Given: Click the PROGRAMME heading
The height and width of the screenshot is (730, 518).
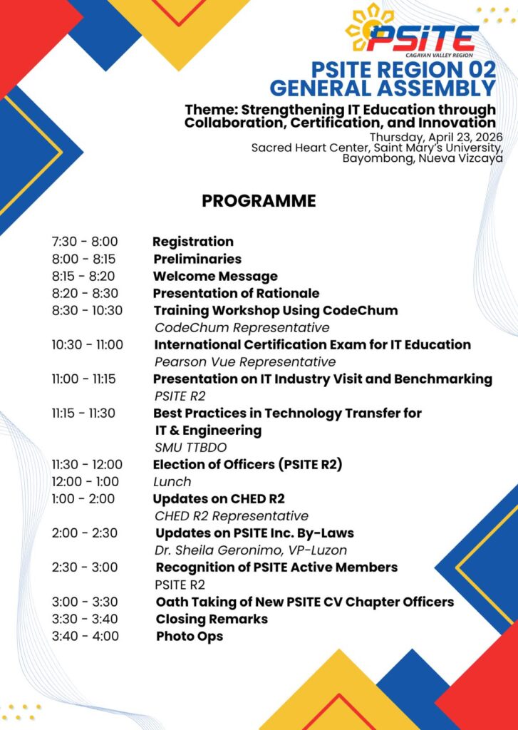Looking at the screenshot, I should click(x=259, y=201).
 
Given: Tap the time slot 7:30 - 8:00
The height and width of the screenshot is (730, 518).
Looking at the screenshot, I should click(x=85, y=242).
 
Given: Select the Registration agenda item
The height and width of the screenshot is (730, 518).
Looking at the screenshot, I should click(x=193, y=242).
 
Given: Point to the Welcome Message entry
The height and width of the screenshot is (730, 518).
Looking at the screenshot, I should click(x=216, y=276).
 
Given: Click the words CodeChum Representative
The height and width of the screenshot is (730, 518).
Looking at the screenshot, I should click(x=242, y=328).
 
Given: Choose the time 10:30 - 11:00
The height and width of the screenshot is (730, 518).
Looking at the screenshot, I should click(x=87, y=344).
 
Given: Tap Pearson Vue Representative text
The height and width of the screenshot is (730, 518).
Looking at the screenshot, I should click(x=245, y=362).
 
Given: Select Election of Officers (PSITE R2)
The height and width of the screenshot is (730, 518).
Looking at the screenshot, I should click(x=248, y=464).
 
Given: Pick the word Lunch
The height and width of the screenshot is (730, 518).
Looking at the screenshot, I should click(x=172, y=481).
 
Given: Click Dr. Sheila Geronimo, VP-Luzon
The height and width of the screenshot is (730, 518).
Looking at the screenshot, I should click(x=251, y=550).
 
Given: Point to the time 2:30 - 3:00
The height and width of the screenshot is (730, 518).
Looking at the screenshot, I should click(x=85, y=567).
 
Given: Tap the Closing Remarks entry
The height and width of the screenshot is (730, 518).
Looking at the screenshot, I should click(x=212, y=619).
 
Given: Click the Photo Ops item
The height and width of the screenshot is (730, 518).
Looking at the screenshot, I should click(x=190, y=636).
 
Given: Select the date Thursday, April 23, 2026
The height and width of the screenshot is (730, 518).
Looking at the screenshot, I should click(x=436, y=137).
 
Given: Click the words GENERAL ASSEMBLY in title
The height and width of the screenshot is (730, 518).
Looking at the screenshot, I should click(x=383, y=88).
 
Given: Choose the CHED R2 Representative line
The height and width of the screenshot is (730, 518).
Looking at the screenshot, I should click(x=232, y=516).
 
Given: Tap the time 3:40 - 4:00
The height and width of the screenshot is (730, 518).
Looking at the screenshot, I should click(x=85, y=636).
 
